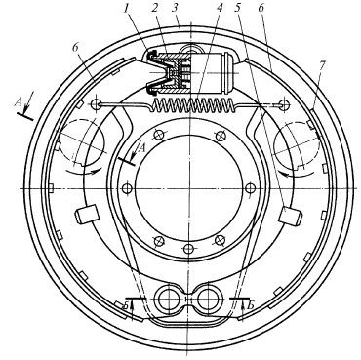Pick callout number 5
pyautogui.click(x=239, y=10)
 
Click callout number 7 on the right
pyautogui.click(x=321, y=66)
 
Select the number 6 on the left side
pyautogui.click(x=75, y=48)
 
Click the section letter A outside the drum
pyautogui.click(x=19, y=102)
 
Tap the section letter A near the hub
pyautogui.click(x=142, y=148)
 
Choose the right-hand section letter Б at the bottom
pyautogui.click(x=251, y=306)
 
